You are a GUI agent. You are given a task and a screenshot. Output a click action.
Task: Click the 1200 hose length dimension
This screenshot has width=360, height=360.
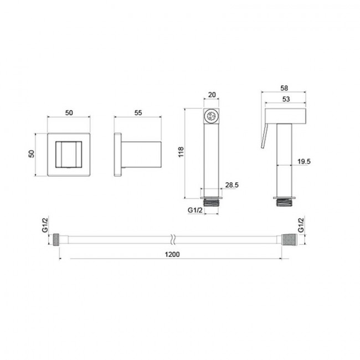click(x=172, y=254)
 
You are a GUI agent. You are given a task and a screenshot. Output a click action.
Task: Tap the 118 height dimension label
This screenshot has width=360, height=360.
click(x=181, y=152)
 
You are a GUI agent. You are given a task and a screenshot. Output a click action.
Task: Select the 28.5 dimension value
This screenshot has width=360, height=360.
click(x=232, y=185)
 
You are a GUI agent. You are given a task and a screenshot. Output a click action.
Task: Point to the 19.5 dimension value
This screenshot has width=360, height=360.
click(x=304, y=161)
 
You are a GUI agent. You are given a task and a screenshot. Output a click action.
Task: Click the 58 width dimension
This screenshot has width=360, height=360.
click(x=284, y=88)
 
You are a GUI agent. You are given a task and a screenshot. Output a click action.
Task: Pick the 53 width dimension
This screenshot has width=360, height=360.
click(x=286, y=99)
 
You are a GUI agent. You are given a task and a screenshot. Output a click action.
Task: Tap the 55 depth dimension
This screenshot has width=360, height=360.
click(x=138, y=113)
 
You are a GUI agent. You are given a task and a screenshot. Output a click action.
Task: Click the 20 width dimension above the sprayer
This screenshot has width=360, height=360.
click(x=212, y=95)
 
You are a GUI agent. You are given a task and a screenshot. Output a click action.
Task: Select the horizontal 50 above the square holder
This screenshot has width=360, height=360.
click(x=69, y=113)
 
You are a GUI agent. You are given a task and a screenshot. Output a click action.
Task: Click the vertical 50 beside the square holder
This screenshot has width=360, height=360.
click(x=31, y=153)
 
